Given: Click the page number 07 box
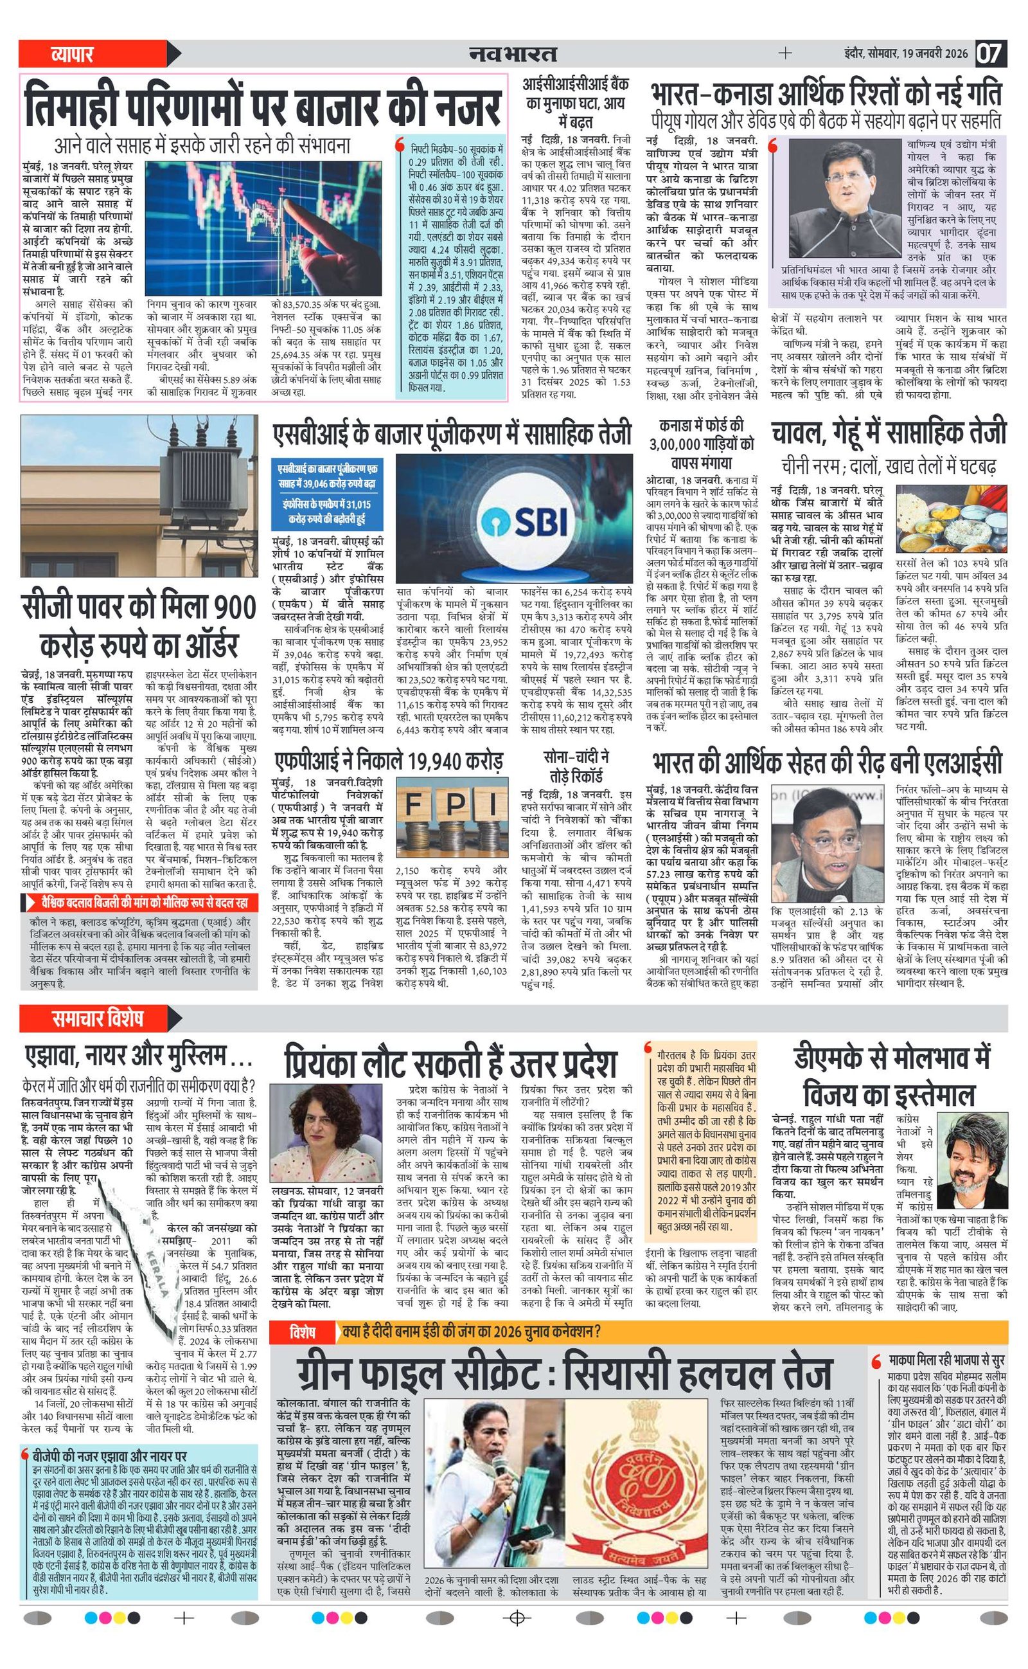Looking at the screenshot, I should coord(991,53).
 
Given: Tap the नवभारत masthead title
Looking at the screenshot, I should coord(513,53).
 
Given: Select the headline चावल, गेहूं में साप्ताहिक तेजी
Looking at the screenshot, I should coord(888,433).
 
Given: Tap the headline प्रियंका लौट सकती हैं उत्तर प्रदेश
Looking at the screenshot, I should coord(451,1063).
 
